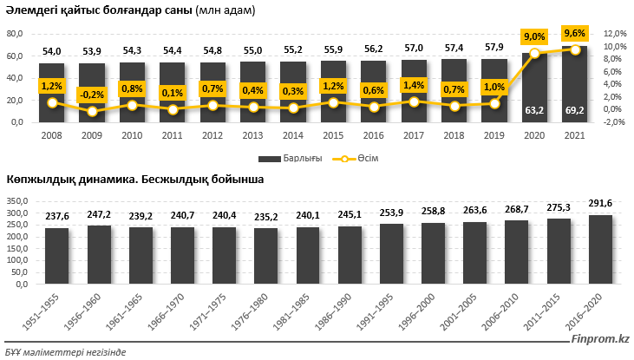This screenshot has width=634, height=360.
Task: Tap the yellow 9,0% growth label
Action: [534, 36]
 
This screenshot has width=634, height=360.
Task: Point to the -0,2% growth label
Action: [91, 95]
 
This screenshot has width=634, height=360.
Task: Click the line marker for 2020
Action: [534, 54]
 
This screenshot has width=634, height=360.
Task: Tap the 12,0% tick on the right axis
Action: [614, 34]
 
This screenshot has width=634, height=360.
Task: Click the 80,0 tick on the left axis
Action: [15, 34]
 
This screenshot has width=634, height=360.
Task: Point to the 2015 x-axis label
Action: [332, 136]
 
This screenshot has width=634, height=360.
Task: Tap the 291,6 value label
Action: [600, 203]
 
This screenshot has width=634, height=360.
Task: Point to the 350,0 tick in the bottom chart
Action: [17, 202]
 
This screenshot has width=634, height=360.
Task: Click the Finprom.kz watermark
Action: [602, 339]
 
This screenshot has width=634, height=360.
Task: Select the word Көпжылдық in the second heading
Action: [36, 179]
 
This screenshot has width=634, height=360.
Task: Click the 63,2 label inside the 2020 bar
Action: [534, 110]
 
